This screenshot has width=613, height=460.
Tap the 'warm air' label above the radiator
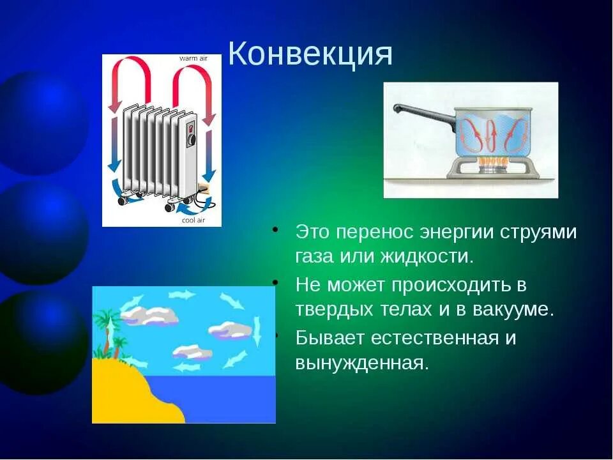193,58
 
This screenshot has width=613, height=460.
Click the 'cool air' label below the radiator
193,220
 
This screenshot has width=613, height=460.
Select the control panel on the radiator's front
190,134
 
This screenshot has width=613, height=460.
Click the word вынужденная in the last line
361,363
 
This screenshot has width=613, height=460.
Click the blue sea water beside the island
230,399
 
